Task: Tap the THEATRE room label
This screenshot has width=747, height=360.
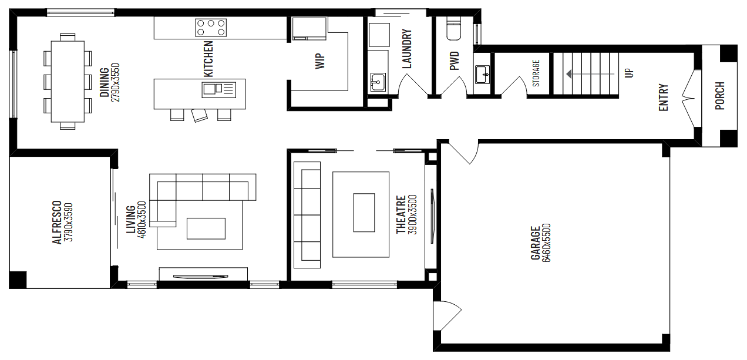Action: pos(401,214)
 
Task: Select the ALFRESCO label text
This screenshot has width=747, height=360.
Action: pos(57,223)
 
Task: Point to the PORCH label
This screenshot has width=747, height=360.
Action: pos(719,96)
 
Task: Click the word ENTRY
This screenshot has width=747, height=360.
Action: pos(664,97)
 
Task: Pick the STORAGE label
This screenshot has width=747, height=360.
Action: pos(536,73)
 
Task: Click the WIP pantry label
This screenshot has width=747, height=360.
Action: pos(320,61)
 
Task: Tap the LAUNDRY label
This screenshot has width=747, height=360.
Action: pos(407,49)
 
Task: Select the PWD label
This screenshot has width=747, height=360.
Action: pos(454,61)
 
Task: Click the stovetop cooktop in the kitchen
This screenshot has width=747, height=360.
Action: pos(211,27)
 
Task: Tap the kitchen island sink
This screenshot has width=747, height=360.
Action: pos(211,89)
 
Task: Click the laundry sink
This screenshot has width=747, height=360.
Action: pos(378,82)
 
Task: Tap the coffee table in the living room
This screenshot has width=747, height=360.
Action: pos(206,228)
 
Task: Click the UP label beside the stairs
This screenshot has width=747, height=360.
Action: pos(629,73)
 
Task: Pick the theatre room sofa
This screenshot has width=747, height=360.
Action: pos(308,214)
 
